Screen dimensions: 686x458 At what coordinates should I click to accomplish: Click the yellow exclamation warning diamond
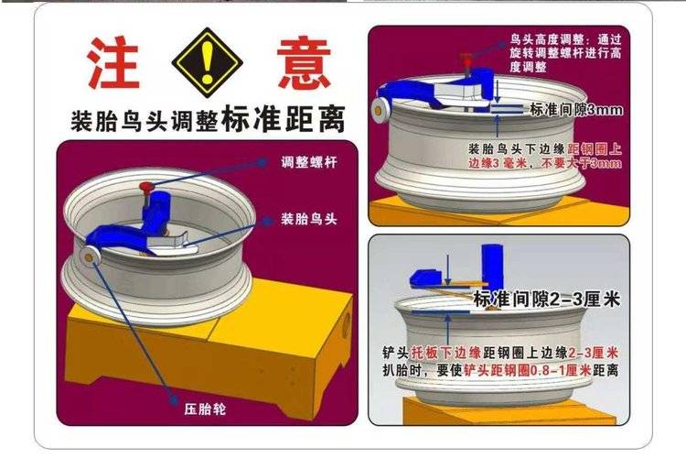(x=207, y=62)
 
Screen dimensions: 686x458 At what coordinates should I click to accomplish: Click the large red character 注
(x=113, y=62)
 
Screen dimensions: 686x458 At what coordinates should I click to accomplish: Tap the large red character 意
(x=304, y=62)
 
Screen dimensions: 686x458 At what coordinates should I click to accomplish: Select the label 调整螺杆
(x=309, y=163)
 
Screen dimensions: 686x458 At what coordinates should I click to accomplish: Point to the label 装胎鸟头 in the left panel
(x=309, y=219)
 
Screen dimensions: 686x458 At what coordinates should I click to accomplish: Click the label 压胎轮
(x=205, y=409)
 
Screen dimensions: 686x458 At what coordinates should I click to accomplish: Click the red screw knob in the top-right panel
(x=466, y=58)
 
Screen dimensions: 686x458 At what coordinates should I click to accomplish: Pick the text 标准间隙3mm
(x=576, y=110)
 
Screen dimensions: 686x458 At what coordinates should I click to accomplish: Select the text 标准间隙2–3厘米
(x=547, y=300)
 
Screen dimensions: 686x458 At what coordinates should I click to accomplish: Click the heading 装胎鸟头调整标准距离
(x=208, y=119)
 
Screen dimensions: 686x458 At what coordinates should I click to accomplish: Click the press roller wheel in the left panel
(x=90, y=256)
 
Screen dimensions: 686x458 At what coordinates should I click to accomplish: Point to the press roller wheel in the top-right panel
(x=378, y=110)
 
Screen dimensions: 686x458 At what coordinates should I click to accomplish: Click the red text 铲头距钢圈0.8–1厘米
(x=527, y=370)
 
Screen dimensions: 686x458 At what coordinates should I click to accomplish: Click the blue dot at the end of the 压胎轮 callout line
(x=173, y=400)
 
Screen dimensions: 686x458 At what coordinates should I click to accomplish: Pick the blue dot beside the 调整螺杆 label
(x=263, y=163)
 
